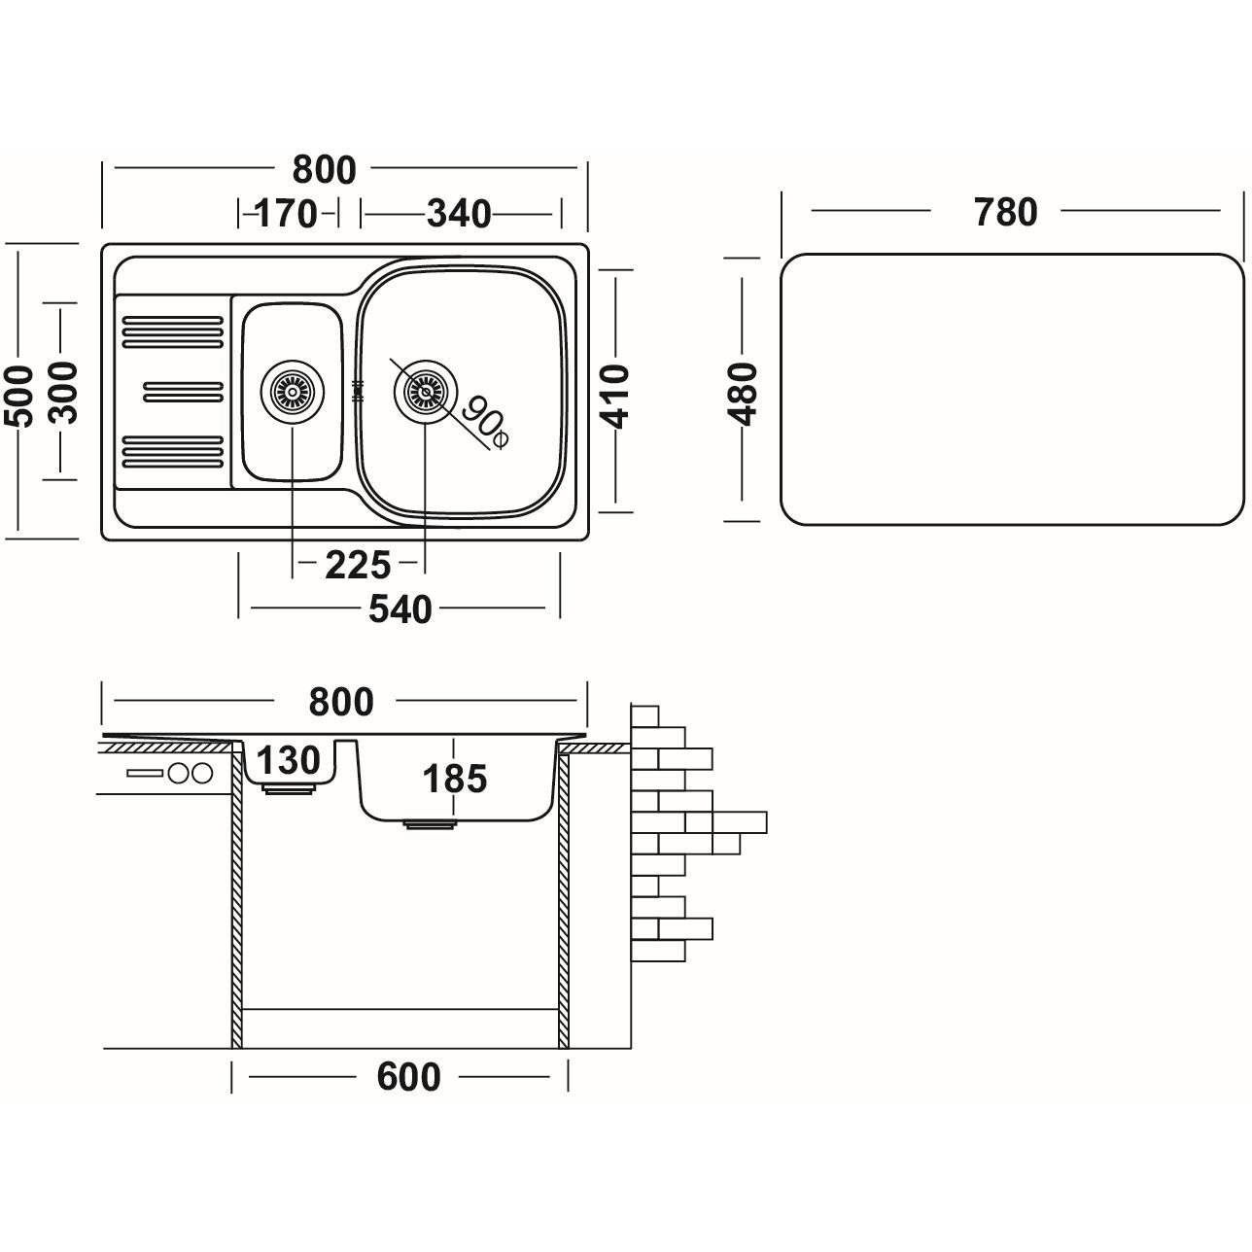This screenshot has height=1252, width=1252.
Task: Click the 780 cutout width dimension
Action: pyautogui.click(x=1005, y=211)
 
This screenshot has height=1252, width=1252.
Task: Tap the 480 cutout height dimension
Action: pyautogui.click(x=743, y=394)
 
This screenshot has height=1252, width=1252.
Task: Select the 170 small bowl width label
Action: pyautogui.click(x=287, y=213)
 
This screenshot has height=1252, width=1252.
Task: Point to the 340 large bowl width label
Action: pyautogui.click(x=459, y=213)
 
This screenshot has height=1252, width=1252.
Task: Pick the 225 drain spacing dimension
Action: pyautogui.click(x=358, y=565)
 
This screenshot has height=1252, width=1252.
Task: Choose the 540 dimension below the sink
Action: pyautogui.click(x=400, y=609)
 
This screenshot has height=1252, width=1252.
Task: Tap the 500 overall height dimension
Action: pyautogui.click(x=19, y=394)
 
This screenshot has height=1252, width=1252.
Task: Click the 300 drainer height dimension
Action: pyautogui.click(x=63, y=392)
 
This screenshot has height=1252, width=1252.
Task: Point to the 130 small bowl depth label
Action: pyautogui.click(x=289, y=760)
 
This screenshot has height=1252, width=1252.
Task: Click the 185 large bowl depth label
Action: pyautogui.click(x=455, y=779)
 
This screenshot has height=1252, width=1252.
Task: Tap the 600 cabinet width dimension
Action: pyautogui.click(x=407, y=1077)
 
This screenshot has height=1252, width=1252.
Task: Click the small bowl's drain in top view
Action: pyautogui.click(x=291, y=393)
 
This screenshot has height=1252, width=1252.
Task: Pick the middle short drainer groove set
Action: pyautogui.click(x=183, y=392)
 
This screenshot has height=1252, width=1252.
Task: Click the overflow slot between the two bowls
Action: pyautogui.click(x=357, y=392)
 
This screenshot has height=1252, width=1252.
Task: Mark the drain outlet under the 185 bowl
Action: pyautogui.click(x=429, y=825)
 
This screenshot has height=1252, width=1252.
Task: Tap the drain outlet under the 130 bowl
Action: pyautogui.click(x=289, y=790)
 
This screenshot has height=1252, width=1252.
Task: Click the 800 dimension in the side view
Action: pyautogui.click(x=340, y=701)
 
